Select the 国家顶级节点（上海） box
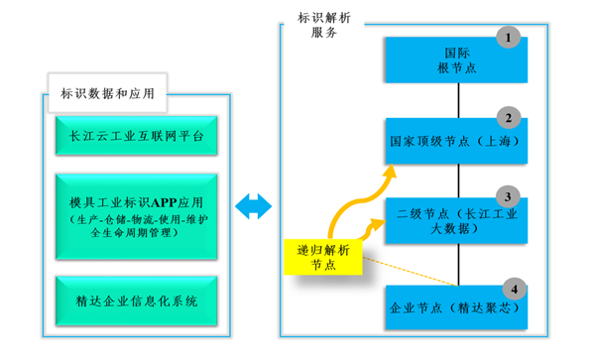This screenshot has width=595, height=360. click(456, 142)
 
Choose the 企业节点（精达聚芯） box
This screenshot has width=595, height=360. click(456, 306)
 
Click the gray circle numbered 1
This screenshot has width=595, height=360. click(511, 38)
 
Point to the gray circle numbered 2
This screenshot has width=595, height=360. click(511, 118)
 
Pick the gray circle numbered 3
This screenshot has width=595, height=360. click(511, 195)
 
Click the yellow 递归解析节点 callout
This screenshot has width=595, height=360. click(322, 256)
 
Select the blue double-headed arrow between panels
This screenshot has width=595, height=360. click(254, 205)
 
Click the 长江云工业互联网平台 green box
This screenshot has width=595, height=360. click(136, 135)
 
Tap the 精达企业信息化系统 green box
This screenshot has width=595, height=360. click(136, 299)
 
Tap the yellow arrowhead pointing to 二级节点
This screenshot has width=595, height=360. click(387, 225)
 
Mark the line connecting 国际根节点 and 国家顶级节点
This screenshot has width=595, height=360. click(457, 101)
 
